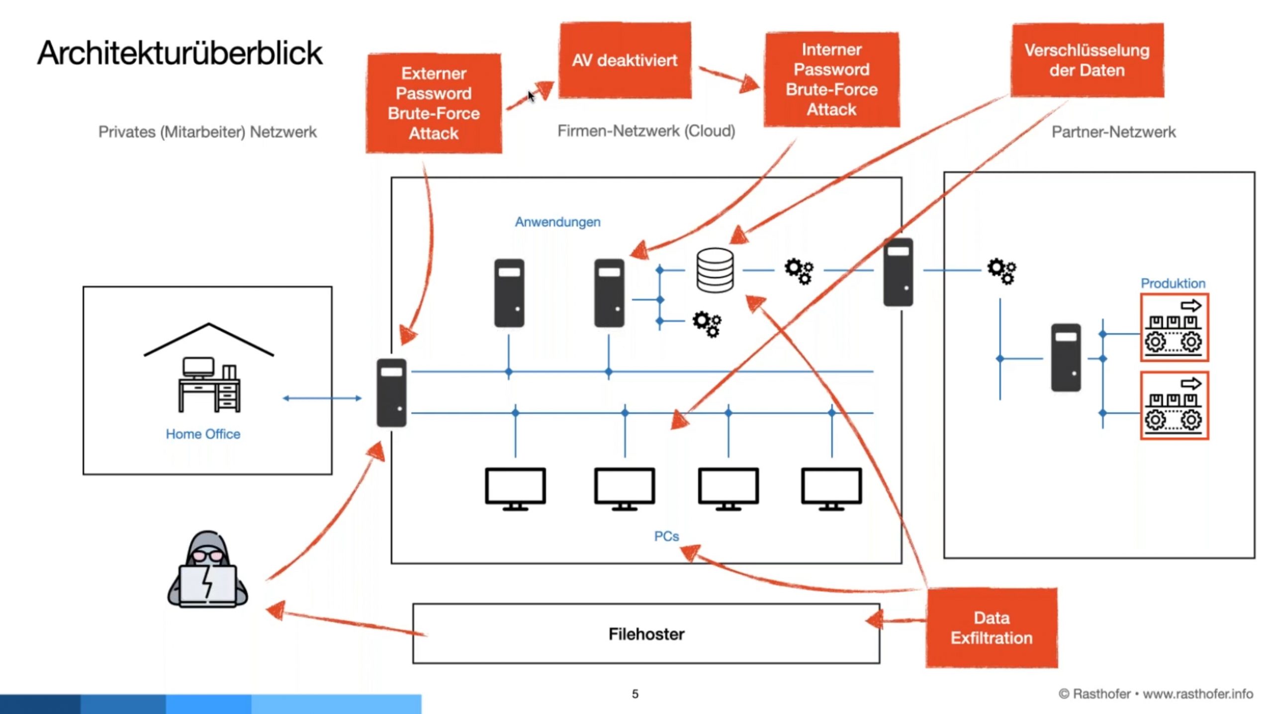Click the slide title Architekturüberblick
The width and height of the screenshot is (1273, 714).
[x=180, y=53]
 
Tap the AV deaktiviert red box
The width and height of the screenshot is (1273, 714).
[x=625, y=60]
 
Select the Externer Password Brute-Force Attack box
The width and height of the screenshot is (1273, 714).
[x=434, y=103]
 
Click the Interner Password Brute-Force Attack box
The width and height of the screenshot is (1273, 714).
[x=831, y=80]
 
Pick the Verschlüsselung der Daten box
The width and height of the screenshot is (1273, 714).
[x=1087, y=60]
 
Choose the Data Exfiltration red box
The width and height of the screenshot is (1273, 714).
[x=992, y=627]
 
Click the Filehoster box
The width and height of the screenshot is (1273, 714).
[x=646, y=634]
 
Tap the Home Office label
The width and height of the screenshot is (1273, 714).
[x=203, y=434]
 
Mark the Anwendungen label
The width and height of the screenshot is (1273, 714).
[x=557, y=222]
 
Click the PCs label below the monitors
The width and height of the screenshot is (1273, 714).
[x=666, y=536]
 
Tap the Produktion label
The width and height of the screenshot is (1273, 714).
[x=1173, y=283]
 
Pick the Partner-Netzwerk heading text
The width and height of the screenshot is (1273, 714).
[x=1113, y=132]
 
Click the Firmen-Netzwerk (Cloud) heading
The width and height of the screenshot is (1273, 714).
[x=646, y=131]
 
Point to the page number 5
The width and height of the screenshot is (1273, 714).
[x=635, y=694]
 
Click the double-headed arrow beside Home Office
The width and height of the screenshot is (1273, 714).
[x=322, y=398]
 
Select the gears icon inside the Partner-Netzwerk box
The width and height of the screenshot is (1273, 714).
[x=1001, y=271]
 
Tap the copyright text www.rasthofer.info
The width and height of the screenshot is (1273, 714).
[x=1197, y=694]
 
